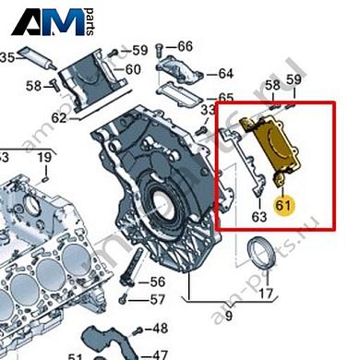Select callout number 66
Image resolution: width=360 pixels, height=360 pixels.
[185, 46]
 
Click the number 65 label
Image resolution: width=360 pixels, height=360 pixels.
[225, 98]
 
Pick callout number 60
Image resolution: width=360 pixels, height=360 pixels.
[133, 69]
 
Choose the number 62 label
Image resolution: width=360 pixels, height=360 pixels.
[60, 118]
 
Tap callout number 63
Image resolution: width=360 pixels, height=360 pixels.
[259, 217]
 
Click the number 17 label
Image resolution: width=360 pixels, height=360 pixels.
[266, 295]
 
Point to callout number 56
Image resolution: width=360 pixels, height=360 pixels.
[158, 282]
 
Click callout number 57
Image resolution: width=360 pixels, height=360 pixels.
[158, 299]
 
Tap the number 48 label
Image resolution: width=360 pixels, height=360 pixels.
[159, 328]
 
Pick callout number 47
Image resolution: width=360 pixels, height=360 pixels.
[159, 354]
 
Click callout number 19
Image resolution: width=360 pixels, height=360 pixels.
[44, 158]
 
